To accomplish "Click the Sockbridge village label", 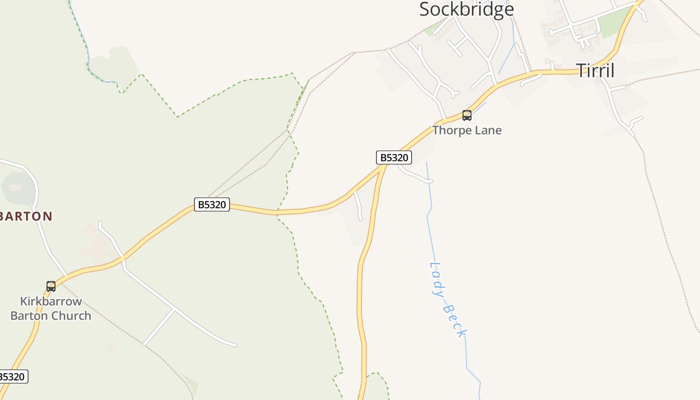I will (466, 9).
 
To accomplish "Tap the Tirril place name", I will (595, 70).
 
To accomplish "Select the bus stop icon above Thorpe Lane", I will (466, 115).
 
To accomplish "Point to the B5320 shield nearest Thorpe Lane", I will (393, 158).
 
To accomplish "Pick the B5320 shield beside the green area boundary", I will (211, 204).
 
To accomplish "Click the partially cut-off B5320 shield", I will (12, 376).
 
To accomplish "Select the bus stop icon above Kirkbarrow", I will (50, 286).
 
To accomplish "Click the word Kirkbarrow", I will (50, 301).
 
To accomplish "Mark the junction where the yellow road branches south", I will (384, 166).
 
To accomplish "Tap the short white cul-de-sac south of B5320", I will (358, 205).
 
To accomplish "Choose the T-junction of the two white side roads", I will (173, 309).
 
